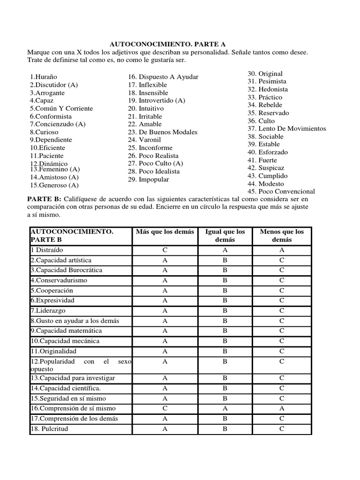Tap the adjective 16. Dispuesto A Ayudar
(x=163, y=77)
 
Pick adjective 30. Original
(x=265, y=74)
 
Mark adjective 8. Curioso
(x=45, y=132)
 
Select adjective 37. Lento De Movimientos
(x=286, y=128)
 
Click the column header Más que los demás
(x=165, y=232)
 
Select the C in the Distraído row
(x=165, y=250)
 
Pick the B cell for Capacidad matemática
(x=225, y=331)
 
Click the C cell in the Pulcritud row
(x=281, y=428)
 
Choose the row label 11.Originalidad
(x=53, y=351)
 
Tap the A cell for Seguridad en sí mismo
(x=165, y=398)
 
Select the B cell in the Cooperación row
(x=225, y=291)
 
